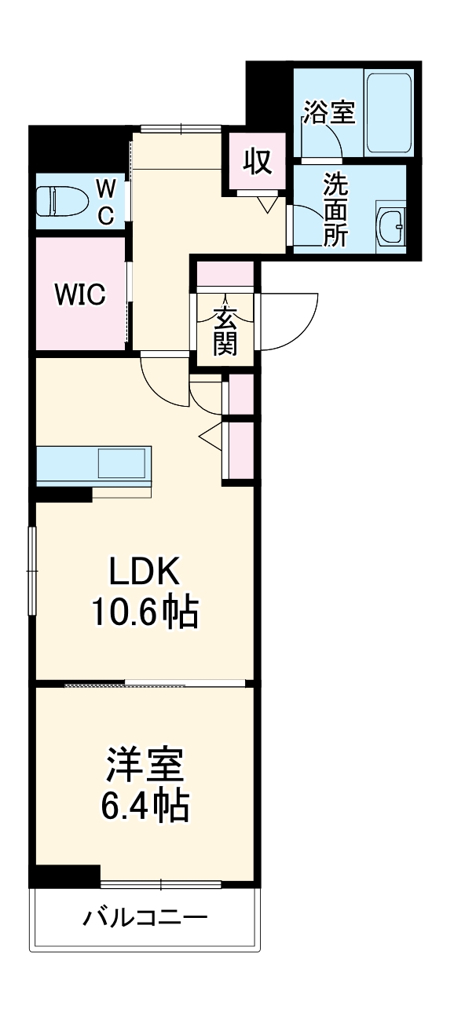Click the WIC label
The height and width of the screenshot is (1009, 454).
coord(80,295)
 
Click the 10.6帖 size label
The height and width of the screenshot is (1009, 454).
coord(145,612)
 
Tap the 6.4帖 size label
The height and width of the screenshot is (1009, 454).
coord(145,805)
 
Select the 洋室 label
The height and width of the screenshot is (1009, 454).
coord(145,766)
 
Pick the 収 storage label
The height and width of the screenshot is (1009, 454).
coord(257,161)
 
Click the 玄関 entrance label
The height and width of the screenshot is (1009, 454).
coord(225,331)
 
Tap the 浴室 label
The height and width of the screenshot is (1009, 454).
coord(330,112)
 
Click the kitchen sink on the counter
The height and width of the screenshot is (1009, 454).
coord(122,463)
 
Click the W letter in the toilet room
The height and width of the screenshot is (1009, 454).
coord(105,187)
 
